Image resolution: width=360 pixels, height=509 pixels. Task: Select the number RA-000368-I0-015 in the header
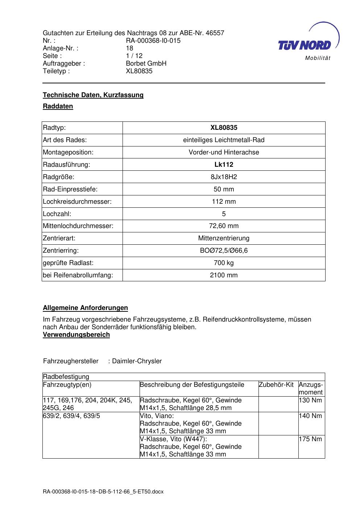[x=153, y=41]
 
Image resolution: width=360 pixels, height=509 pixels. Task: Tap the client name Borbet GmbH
[x=146, y=63]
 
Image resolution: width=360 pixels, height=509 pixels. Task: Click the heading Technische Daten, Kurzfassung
[x=93, y=95]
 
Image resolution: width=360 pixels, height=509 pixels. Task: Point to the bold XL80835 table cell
[x=224, y=128]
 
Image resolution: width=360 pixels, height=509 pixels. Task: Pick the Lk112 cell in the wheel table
[x=224, y=165]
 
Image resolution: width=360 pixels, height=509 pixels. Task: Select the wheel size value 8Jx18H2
[x=224, y=177]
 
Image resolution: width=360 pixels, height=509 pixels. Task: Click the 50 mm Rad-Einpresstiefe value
[x=224, y=189]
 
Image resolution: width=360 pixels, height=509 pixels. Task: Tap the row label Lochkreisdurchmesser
[x=77, y=202]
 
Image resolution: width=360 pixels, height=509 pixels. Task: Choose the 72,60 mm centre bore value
[x=224, y=226]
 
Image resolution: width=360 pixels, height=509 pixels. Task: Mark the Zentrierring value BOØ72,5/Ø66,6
[x=224, y=251]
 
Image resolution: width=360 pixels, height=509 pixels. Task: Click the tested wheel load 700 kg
[x=224, y=263]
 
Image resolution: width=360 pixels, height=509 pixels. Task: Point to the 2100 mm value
[x=224, y=275]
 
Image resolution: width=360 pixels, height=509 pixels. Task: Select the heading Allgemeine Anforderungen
[x=85, y=308]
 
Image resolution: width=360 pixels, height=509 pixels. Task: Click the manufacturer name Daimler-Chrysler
[x=137, y=361]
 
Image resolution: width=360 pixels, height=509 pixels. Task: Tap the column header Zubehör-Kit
[x=276, y=385]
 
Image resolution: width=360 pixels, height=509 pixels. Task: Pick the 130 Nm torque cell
[x=310, y=400]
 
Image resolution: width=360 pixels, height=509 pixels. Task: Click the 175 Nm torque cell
[x=310, y=439]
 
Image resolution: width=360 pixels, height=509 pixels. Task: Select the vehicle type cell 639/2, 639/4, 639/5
[x=71, y=416]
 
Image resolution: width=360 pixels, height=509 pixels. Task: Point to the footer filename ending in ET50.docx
[x=103, y=492]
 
